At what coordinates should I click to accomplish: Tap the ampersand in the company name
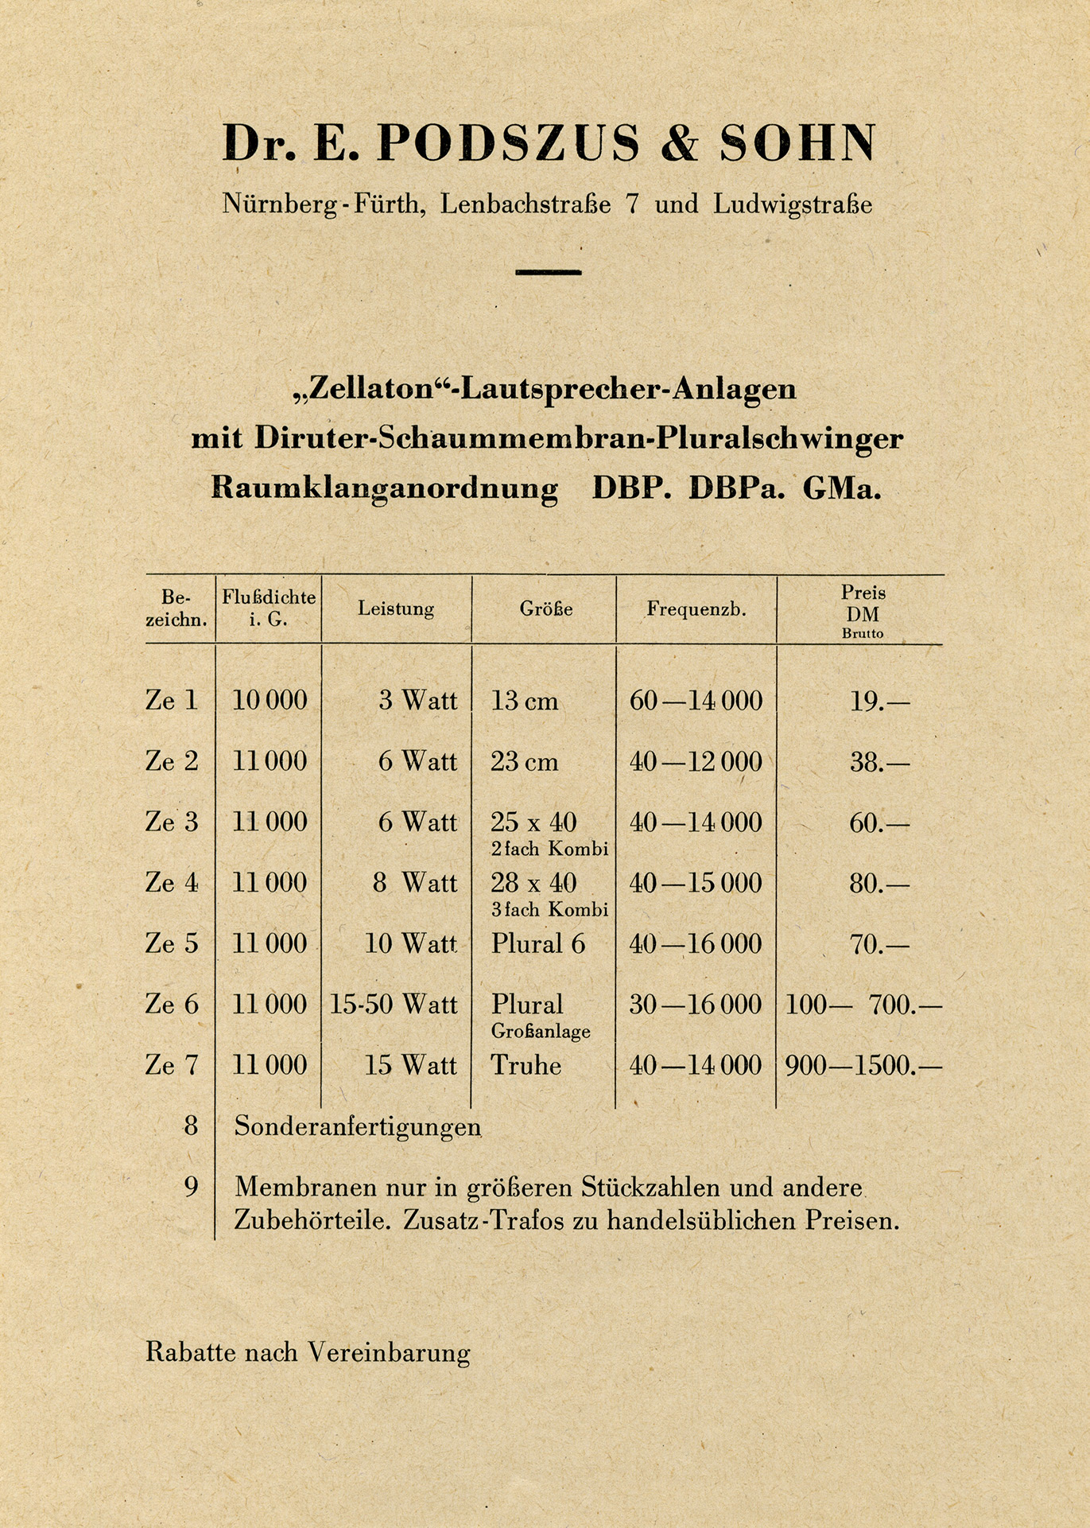coord(679,144)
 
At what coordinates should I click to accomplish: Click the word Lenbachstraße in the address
coord(526,204)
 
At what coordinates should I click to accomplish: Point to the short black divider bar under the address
coord(548,272)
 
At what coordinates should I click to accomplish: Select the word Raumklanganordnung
coord(385,488)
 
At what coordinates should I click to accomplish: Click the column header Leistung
coord(396,609)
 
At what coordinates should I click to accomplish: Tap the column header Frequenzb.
coord(696,610)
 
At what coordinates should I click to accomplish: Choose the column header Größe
coord(546,609)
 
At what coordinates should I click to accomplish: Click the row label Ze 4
coord(172,882)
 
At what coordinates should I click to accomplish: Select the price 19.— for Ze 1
coord(879,702)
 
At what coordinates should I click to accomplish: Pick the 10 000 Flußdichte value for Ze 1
coord(270,701)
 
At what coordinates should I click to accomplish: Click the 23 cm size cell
coord(524,762)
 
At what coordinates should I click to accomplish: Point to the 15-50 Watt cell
coord(394,1005)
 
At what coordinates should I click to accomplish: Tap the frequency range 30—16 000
coord(696,1005)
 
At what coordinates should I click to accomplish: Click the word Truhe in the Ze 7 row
coord(526,1065)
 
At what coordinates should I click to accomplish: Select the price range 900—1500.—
coord(863,1065)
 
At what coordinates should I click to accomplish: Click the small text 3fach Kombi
coord(549,910)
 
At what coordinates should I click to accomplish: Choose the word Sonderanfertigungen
coord(358,1127)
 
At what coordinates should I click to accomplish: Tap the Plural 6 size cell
coord(537,944)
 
